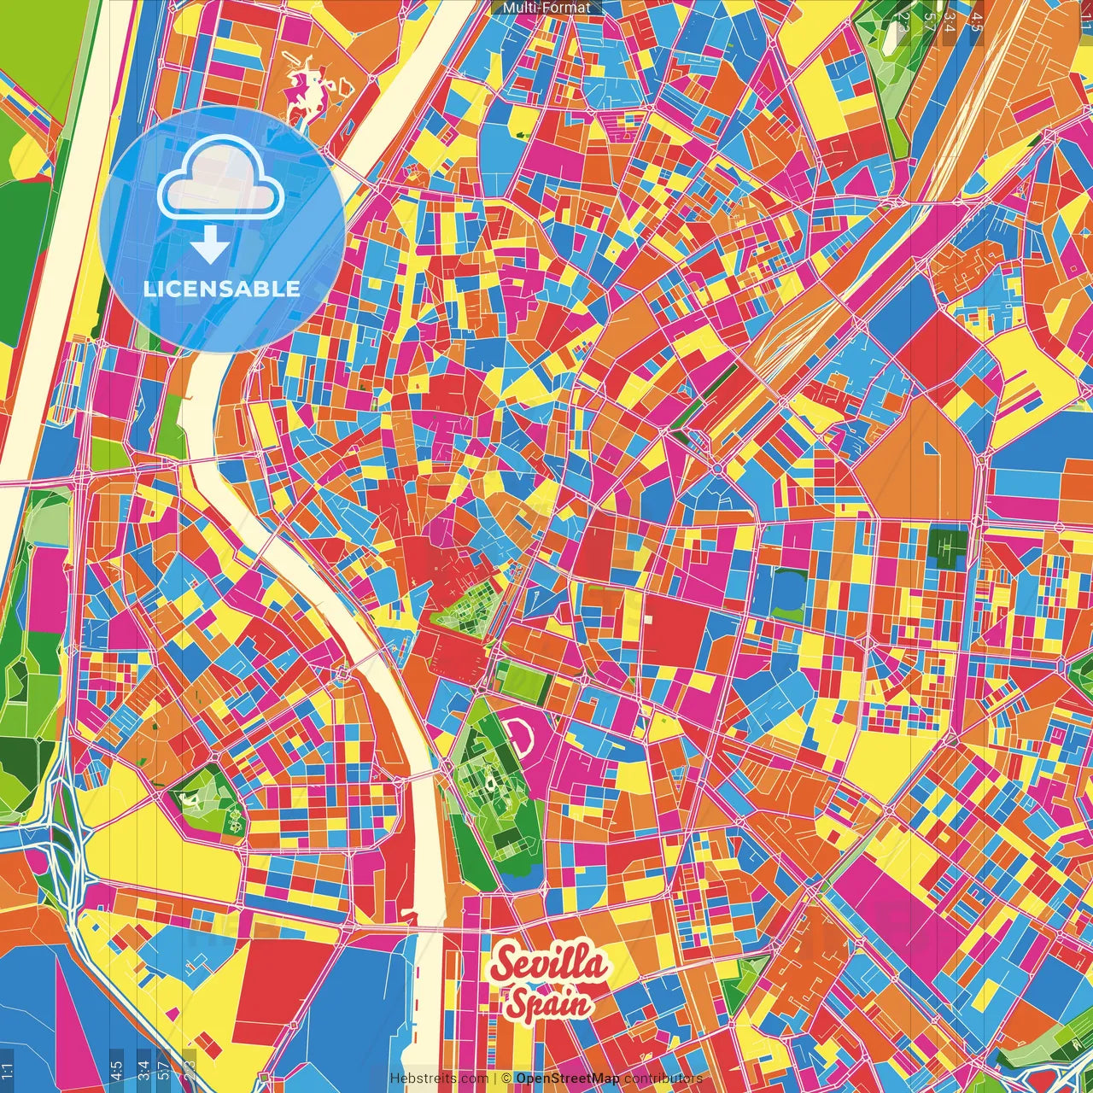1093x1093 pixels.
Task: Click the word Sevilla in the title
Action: click(551, 964)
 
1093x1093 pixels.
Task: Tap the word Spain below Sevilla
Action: click(548, 1005)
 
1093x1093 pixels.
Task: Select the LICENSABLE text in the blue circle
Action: click(222, 289)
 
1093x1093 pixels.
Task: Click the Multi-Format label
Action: click(546, 8)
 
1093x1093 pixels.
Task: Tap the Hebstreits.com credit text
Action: click(439, 1078)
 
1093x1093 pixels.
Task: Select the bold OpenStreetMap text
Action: click(567, 1078)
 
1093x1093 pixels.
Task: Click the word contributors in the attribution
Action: click(663, 1078)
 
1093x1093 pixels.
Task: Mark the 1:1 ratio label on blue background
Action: click(7, 1070)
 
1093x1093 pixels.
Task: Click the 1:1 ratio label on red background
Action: click(1085, 17)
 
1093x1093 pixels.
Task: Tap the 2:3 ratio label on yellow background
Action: click(189, 1067)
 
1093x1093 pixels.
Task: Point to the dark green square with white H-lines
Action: click(947, 545)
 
